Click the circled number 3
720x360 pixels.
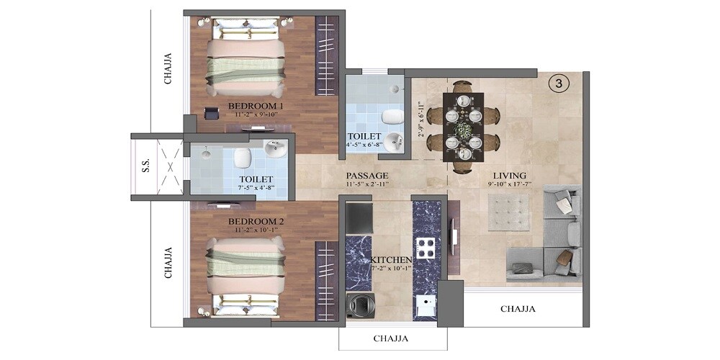559,84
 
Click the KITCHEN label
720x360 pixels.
391,259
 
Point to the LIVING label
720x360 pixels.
509,176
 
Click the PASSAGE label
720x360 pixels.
366,176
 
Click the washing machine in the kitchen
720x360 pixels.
359,306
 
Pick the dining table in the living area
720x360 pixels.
463,127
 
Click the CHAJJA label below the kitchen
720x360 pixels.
392,338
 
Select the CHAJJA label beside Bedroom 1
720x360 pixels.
168,68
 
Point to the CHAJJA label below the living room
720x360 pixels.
518,309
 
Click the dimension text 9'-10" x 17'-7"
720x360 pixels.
509,185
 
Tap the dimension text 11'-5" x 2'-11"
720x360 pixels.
366,185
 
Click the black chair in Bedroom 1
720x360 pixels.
211,114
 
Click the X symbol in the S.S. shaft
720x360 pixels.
170,166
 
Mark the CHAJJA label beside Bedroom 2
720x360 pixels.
168,263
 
